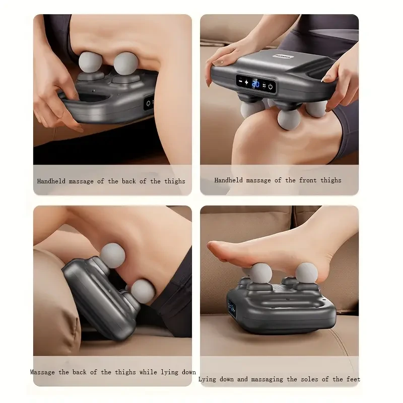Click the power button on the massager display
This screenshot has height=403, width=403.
tap(271, 86)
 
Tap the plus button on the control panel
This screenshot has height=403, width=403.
tap(246, 82)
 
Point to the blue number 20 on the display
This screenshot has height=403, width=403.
tap(255, 84)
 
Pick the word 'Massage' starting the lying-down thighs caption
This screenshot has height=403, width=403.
tap(43, 372)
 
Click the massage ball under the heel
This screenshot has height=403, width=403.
tap(306, 273)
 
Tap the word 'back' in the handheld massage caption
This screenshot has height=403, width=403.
tap(129, 181)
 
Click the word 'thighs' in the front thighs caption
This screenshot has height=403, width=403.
tap(330, 180)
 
